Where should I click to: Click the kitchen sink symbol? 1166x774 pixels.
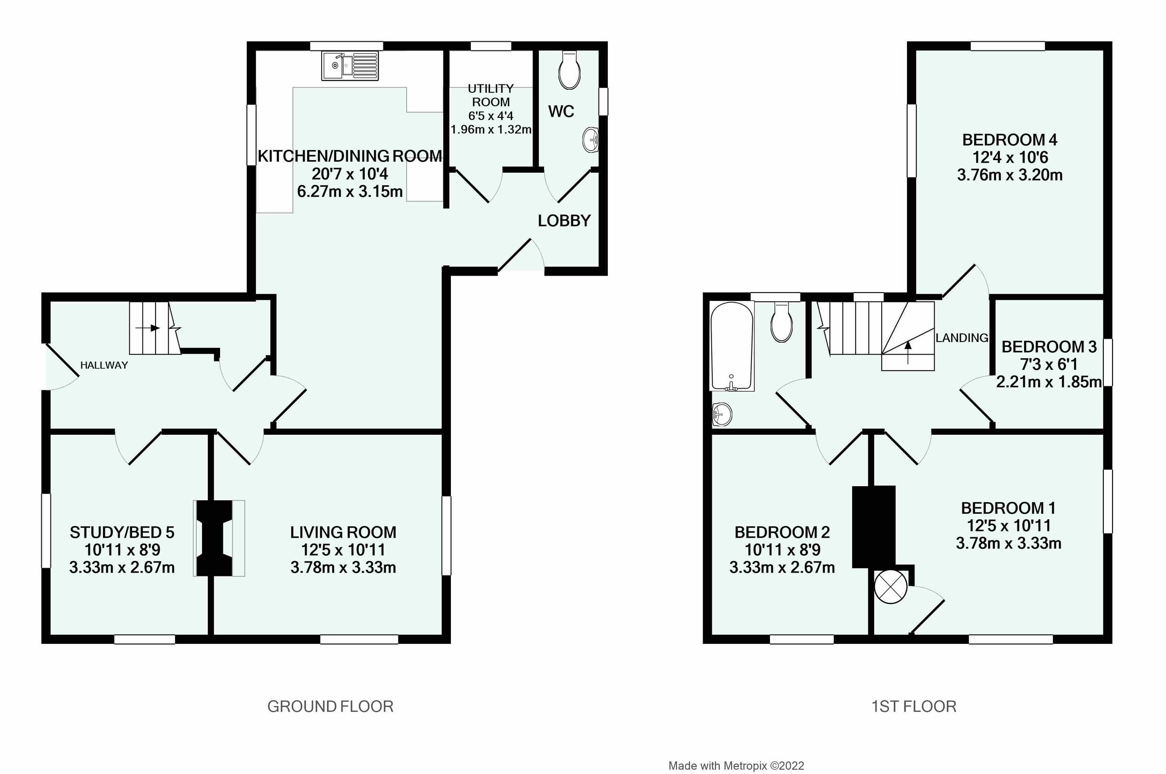pos(350,66)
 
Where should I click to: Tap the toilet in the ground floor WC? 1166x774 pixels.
pos(569,70)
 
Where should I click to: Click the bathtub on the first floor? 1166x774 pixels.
pos(732,346)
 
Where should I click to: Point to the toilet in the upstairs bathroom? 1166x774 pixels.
pos(782,323)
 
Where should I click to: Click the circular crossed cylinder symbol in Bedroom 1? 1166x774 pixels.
pos(891,587)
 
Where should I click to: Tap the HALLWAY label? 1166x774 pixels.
pos(104,365)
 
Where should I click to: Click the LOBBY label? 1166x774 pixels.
pos(564,221)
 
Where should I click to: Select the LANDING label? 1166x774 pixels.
pos(961,338)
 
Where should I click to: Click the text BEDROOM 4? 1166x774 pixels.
pos(1010,140)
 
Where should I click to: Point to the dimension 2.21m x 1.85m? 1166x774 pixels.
pos(1048,381)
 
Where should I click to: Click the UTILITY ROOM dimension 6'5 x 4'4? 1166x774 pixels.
pos(491,116)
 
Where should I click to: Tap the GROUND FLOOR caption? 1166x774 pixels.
pos(330,707)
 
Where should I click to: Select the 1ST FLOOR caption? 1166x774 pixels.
pos(913,707)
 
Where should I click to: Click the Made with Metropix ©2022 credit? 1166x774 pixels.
pos(736,766)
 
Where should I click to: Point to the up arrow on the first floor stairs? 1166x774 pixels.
pos(908,352)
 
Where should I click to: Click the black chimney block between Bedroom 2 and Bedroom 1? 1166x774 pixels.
pos(874,526)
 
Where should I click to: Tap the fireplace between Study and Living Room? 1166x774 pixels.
pos(214,538)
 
